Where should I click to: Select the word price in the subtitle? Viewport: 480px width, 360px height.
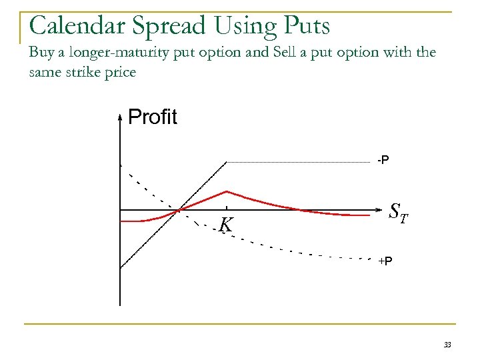point(120,72)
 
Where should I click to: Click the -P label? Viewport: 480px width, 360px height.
point(383,160)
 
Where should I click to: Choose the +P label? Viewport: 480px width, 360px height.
point(385,261)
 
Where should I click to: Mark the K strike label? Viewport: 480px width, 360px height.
point(227,226)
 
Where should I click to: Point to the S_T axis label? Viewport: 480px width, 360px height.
point(399,211)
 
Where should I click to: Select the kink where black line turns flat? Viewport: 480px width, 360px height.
point(227,162)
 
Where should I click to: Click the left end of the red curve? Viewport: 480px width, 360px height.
point(121,220)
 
